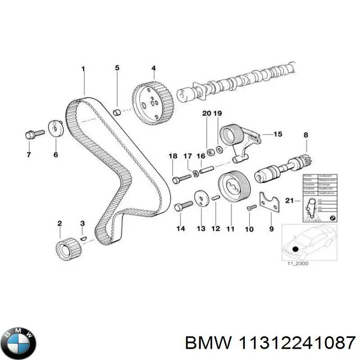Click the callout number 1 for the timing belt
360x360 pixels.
[x=83, y=69]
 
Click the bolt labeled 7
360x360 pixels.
[x=33, y=134]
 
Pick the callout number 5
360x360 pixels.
[x=117, y=68]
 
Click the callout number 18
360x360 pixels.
[x=173, y=156]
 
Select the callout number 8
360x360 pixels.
[x=306, y=135]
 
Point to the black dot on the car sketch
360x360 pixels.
[x=296, y=248]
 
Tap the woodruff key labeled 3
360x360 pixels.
[x=82, y=238]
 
